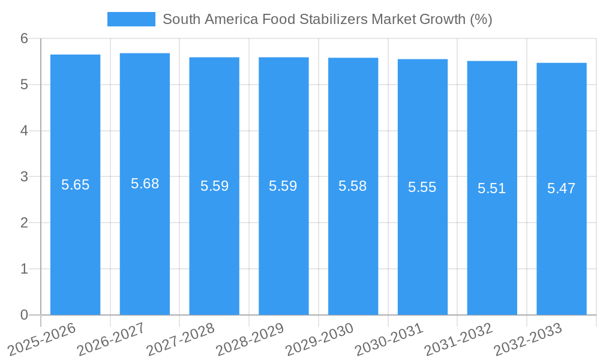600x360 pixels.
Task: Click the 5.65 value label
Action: [x=76, y=185]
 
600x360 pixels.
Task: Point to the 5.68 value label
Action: [x=145, y=184]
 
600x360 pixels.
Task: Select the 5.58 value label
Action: [x=353, y=186]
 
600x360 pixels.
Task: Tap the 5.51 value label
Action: [x=492, y=188]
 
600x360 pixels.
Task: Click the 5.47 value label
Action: [x=562, y=188]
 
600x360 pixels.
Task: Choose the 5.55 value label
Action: [x=422, y=187]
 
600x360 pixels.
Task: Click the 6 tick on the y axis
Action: [x=24, y=38]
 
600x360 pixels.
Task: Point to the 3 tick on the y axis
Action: [x=24, y=177]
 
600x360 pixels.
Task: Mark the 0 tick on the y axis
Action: [x=24, y=315]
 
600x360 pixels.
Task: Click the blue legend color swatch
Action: [x=131, y=19]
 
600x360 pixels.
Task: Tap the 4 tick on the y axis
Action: [x=24, y=131]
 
